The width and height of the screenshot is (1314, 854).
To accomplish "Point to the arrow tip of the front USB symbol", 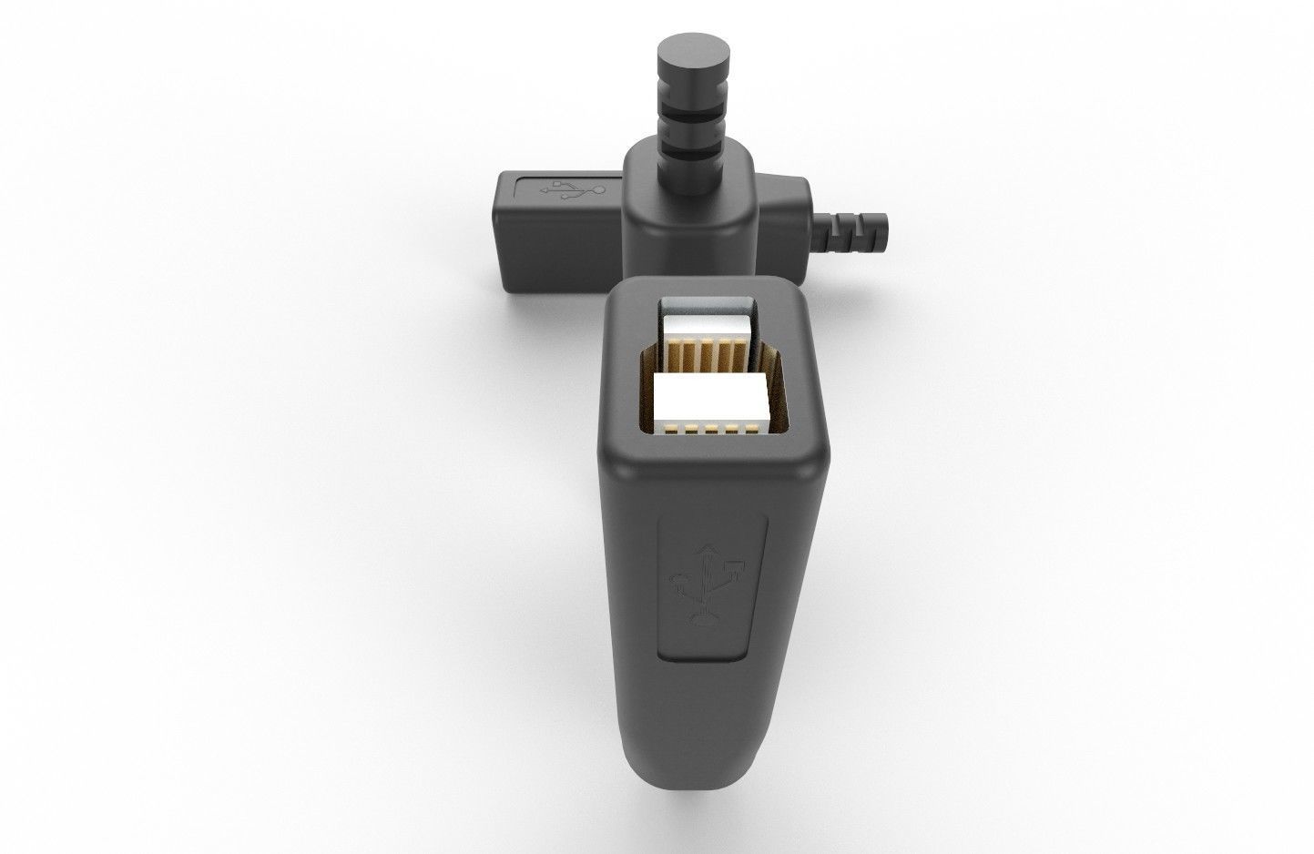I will [706, 548].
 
